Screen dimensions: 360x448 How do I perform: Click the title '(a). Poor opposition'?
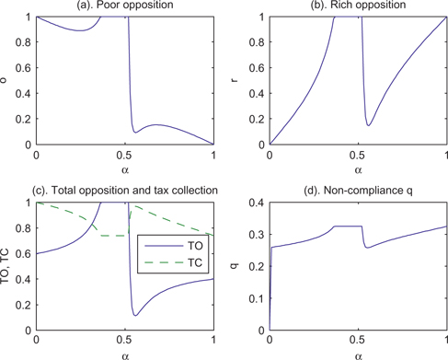(124, 6)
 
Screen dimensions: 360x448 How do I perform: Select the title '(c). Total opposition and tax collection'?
(125, 191)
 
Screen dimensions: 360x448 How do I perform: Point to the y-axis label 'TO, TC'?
(8, 266)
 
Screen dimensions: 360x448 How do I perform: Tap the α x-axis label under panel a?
(124, 169)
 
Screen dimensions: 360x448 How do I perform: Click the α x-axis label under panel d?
(359, 354)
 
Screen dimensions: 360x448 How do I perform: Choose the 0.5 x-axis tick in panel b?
(359, 154)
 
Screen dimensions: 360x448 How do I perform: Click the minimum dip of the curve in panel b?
(369, 125)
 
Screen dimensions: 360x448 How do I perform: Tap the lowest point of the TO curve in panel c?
(135, 316)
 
